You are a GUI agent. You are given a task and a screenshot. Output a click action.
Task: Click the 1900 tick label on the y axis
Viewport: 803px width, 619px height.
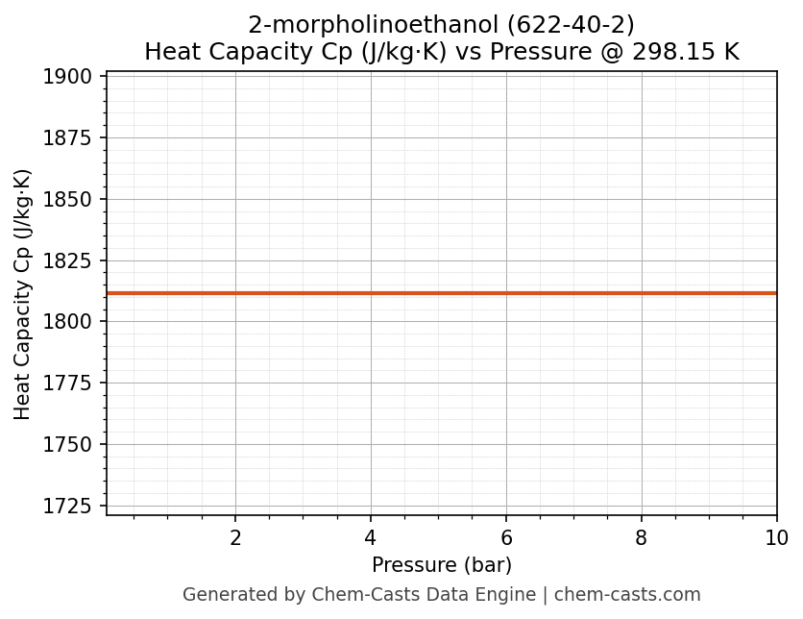[x=67, y=77]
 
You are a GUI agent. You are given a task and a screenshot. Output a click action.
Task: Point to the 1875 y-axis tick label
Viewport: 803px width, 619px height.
[x=67, y=138]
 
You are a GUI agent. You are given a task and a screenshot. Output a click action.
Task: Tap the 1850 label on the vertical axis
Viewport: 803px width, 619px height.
[x=67, y=200]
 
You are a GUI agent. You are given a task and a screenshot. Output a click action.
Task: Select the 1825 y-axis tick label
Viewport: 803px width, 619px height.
[x=67, y=261]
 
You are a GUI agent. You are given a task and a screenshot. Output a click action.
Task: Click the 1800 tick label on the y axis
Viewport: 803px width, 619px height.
[x=67, y=322]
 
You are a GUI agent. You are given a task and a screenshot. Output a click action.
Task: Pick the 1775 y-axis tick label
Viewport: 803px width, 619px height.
[x=67, y=384]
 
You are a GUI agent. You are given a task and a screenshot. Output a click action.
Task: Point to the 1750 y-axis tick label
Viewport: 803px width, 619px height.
[x=67, y=445]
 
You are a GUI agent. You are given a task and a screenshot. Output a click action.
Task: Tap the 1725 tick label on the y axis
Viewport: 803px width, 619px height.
[x=67, y=507]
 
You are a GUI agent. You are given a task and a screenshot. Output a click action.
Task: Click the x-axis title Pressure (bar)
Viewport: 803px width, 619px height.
[x=442, y=565]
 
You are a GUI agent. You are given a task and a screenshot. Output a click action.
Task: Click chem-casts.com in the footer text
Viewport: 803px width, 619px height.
[x=627, y=595]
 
